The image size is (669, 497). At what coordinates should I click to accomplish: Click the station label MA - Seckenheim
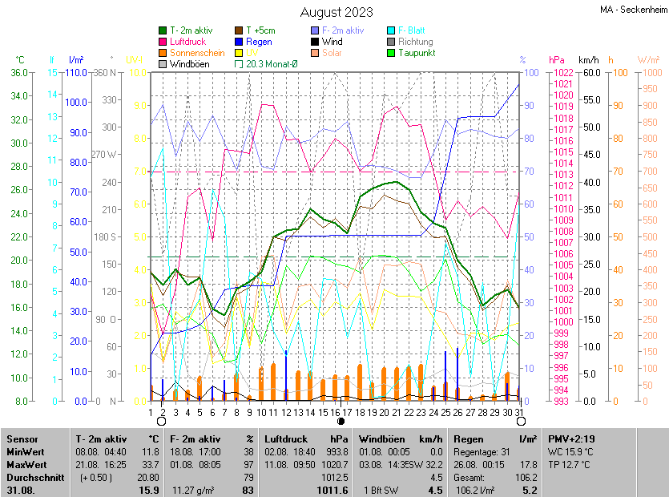pyautogui.click(x=632, y=10)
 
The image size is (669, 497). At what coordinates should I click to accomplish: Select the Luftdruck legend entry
pyautogui.click(x=188, y=42)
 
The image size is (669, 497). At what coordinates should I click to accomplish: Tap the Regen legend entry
pyautogui.click(x=259, y=42)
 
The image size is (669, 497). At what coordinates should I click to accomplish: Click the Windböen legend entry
pyautogui.click(x=189, y=64)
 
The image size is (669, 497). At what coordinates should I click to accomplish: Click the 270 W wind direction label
pyautogui.click(x=104, y=155)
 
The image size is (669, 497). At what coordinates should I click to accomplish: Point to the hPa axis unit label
pyautogui.click(x=556, y=60)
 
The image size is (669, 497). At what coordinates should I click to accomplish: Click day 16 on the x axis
pyautogui.click(x=334, y=412)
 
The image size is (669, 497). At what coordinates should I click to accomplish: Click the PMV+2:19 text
pyautogui.click(x=572, y=439)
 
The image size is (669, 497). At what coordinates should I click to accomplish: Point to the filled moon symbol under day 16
pyautogui.click(x=341, y=421)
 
